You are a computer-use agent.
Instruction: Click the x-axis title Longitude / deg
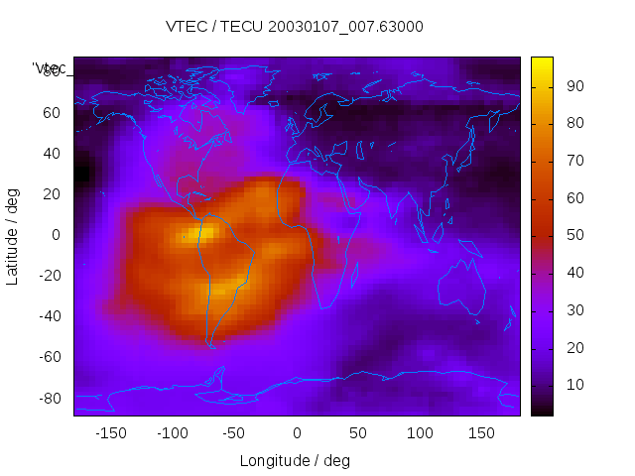[x=295, y=460]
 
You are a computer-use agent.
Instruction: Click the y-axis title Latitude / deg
[x=13, y=234]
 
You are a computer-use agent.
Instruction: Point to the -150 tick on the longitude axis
[x=110, y=433]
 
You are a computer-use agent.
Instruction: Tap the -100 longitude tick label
[x=172, y=433]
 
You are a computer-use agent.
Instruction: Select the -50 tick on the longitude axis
[x=234, y=433]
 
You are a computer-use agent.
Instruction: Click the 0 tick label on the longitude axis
[x=297, y=433]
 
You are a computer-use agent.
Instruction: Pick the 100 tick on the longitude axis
[x=420, y=433]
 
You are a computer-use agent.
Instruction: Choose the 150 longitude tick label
[x=481, y=433]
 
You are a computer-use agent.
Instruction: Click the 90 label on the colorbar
[x=573, y=86]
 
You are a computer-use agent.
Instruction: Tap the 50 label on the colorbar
[x=573, y=235]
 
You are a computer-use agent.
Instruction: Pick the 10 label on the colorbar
[x=573, y=384]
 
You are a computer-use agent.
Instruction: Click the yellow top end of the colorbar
[x=542, y=61]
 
